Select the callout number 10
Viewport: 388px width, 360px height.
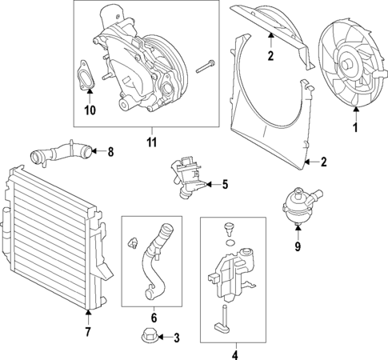point(90,110)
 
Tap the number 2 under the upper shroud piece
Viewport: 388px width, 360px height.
point(270,56)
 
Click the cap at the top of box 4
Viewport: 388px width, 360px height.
point(230,227)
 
